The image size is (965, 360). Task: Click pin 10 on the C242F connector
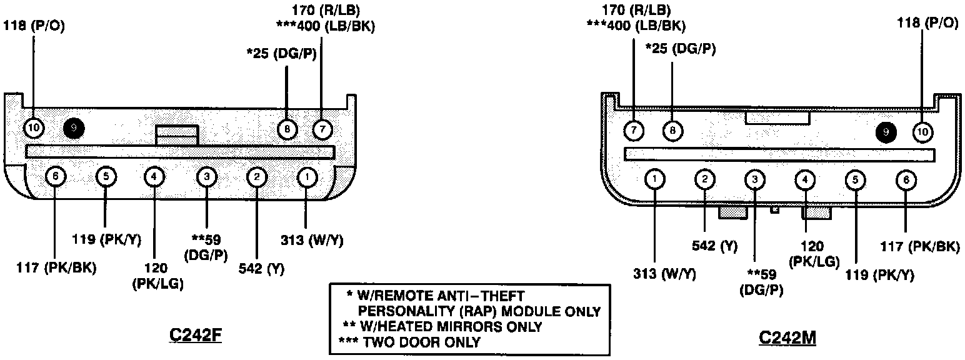34,129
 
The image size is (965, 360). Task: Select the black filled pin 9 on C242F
74,129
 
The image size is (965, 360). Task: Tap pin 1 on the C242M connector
654,179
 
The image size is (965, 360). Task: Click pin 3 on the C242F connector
206,177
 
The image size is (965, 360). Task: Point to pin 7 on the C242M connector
634,131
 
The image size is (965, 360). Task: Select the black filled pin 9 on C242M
886,132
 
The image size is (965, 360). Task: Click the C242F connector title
196,336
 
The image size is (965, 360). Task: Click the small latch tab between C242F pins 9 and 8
177,135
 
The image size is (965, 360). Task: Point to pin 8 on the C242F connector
287,129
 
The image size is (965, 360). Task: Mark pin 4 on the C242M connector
805,181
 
